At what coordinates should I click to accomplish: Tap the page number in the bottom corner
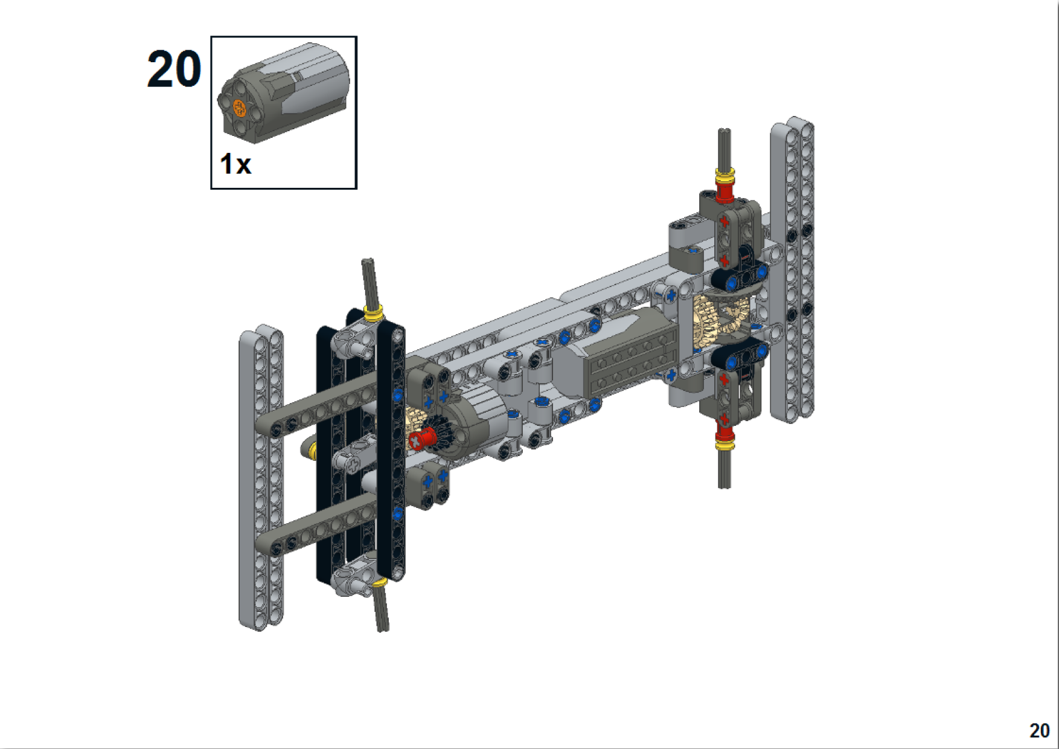point(1039,731)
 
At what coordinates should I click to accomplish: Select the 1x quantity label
point(235,164)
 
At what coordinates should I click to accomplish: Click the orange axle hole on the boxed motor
point(240,109)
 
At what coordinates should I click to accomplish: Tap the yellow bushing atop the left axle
point(374,313)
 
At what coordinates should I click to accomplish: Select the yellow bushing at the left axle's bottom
point(379,582)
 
